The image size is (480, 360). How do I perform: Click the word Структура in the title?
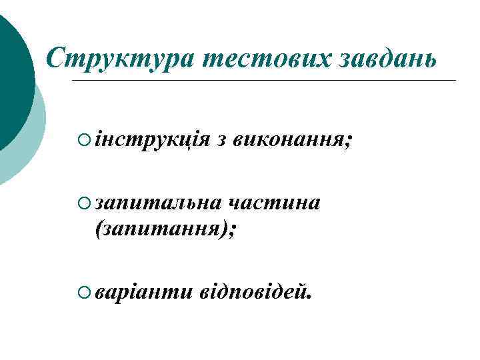(x=119, y=59)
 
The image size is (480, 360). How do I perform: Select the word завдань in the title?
(x=386, y=59)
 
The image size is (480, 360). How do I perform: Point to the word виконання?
(x=287, y=141)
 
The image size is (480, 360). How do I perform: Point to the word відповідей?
(x=253, y=290)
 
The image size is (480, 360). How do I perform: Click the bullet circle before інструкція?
(x=83, y=140)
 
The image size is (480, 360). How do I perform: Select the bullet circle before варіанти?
(x=83, y=290)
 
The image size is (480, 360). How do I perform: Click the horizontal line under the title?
(x=267, y=81)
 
